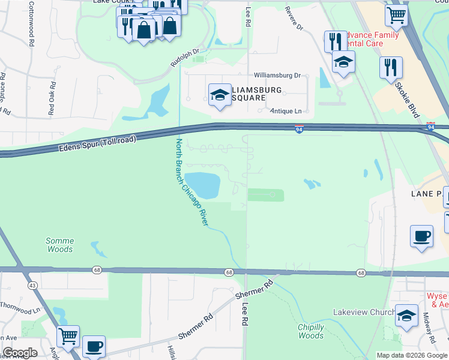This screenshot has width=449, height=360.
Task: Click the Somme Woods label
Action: (x=59, y=245)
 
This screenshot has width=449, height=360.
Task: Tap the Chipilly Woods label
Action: (x=311, y=331)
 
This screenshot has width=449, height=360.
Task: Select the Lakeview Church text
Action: (x=364, y=313)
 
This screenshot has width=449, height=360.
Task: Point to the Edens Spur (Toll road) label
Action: (x=98, y=143)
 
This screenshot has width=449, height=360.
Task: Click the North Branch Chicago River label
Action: (x=191, y=182)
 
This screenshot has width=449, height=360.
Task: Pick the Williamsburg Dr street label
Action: (x=277, y=76)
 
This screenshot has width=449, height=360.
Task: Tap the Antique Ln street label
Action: (x=286, y=111)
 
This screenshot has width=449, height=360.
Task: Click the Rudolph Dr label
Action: (x=184, y=58)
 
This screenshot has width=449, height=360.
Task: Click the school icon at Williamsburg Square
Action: (x=220, y=95)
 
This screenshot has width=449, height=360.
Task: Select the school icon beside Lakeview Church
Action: (x=406, y=316)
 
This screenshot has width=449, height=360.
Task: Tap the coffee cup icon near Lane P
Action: (x=421, y=235)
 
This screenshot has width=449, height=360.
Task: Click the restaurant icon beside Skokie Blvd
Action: (x=391, y=66)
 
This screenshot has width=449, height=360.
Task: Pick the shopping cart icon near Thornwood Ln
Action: (x=68, y=336)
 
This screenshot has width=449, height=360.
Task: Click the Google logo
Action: (x=20, y=353)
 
